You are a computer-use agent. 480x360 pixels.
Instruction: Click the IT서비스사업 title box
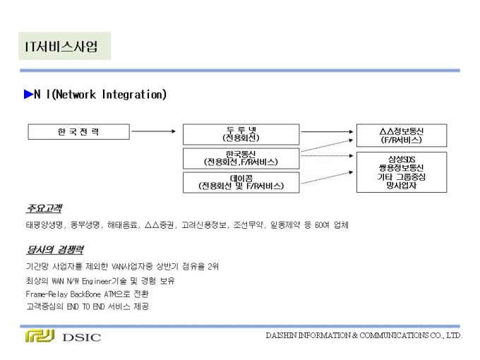65,46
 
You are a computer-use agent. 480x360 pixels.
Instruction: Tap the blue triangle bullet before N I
28,95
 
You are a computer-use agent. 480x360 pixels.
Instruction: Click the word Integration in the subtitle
134,95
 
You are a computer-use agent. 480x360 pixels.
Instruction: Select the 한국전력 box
78,131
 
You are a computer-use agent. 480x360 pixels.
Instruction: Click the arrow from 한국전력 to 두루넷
154,131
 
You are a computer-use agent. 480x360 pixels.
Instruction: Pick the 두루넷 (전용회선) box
241,134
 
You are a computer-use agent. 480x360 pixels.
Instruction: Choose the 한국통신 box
241,159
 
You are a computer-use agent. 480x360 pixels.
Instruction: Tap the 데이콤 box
241,182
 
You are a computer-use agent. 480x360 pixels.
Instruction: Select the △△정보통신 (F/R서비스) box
402,136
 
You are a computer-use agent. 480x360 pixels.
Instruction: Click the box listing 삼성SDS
402,172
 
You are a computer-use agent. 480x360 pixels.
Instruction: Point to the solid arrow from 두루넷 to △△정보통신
328,131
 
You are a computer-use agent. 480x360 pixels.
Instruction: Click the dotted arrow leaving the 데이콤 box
328,178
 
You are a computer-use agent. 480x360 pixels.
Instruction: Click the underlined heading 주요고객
44,208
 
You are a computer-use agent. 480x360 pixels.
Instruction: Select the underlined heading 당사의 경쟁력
55,250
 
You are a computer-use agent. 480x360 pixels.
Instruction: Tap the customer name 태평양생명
45,225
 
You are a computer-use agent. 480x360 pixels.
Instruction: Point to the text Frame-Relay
47,294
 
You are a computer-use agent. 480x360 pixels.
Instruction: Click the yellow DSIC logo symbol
40,336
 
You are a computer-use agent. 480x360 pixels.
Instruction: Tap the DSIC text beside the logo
81,337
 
